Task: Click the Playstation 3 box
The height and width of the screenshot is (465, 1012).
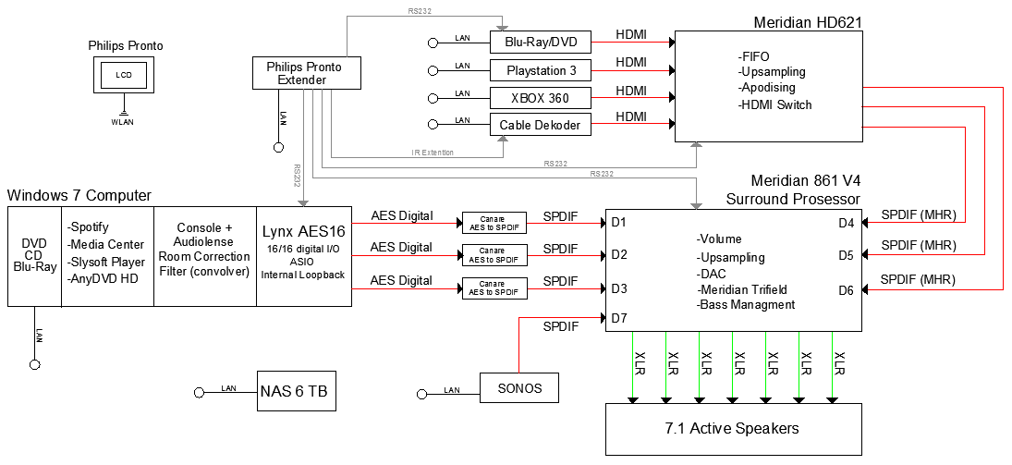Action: click(541, 70)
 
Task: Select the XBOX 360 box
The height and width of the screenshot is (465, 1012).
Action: click(541, 98)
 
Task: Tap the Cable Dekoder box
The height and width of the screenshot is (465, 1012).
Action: click(541, 125)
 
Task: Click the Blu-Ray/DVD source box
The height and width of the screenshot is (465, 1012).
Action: click(541, 43)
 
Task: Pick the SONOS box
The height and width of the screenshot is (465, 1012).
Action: click(520, 387)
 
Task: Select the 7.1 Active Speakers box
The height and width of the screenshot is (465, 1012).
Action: click(732, 429)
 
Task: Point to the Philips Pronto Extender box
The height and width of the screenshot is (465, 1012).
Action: click(303, 74)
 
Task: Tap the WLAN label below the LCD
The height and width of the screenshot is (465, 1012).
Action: click(122, 122)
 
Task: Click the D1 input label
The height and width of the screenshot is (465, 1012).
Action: click(619, 222)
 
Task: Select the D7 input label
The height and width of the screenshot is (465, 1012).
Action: click(619, 319)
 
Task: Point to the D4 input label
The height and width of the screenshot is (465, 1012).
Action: click(847, 222)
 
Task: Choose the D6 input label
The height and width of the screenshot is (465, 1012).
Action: click(847, 289)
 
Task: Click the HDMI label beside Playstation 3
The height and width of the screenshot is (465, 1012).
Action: click(631, 62)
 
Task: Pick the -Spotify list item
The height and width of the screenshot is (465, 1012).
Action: click(92, 226)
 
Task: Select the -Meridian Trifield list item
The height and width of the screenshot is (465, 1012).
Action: click(744, 289)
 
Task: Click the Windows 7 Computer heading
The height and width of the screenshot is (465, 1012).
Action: click(79, 195)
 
